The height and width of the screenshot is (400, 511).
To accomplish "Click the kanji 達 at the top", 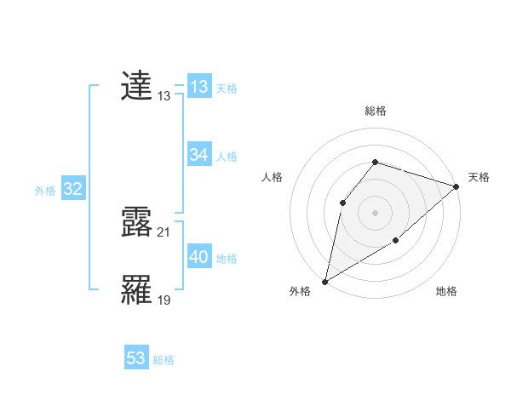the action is point(137,86).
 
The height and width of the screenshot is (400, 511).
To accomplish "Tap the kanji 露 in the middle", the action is point(137,221).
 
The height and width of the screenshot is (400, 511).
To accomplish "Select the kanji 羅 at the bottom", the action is point(137,290).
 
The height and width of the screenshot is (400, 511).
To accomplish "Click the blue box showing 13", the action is point(199,87).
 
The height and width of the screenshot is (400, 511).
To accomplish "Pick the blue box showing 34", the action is point(199,154).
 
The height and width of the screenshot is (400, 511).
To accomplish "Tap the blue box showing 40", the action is point(199,256).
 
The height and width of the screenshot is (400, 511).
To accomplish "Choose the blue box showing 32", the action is point(72,189).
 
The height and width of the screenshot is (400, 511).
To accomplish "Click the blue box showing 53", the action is point(136,358).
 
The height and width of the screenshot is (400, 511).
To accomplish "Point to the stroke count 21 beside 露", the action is point(164,231).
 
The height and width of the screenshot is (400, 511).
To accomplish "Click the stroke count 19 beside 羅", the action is point(164,300).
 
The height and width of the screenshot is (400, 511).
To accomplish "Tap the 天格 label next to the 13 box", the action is point(227,89).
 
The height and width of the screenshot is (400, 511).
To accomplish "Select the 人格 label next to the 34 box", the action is point(227,157).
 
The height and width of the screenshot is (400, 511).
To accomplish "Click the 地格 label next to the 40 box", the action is point(227,259).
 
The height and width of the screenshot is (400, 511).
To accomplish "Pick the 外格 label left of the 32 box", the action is point(45,191).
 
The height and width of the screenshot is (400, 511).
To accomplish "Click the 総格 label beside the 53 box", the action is point(164,361).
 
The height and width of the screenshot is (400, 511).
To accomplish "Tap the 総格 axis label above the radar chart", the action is point(375,111).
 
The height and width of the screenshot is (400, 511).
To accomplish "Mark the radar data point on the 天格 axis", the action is point(457,186).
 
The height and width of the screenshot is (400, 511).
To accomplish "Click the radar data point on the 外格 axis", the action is point(324,281).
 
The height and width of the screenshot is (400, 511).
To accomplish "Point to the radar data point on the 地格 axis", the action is point(396,242).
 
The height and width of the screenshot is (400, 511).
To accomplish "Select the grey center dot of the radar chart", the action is point(375,212).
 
